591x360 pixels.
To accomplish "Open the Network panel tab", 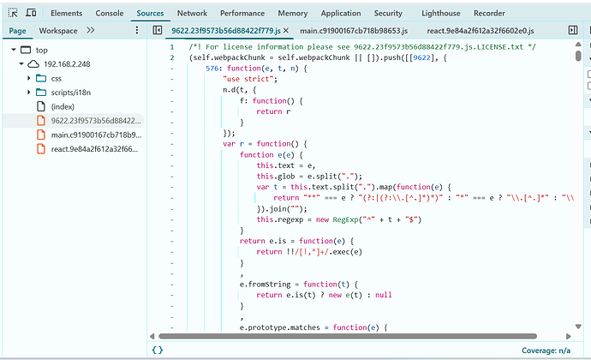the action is (x=192, y=13).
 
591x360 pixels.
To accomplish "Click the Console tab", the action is (x=110, y=13).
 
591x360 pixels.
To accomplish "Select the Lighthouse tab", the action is (x=440, y=13).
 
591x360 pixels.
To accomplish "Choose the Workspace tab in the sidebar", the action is (x=58, y=31).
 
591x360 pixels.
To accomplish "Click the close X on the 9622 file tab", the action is (x=286, y=31).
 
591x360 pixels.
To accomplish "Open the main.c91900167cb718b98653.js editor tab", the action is (x=354, y=31).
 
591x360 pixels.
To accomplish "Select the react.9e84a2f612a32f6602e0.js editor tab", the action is (x=481, y=31).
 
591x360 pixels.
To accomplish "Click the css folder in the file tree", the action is (x=57, y=79).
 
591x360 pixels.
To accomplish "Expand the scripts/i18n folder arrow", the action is (x=28, y=92).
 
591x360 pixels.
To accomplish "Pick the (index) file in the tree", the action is (x=63, y=106).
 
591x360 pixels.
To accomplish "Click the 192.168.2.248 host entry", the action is (x=67, y=64).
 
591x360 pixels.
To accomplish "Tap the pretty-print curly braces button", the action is (x=158, y=350).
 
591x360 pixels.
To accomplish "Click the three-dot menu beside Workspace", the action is (x=137, y=30).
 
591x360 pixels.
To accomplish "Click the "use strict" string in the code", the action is (x=248, y=79).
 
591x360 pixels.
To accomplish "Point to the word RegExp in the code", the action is (x=345, y=219).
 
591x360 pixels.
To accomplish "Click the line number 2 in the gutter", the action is (x=172, y=57).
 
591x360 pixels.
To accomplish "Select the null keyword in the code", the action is (x=384, y=295).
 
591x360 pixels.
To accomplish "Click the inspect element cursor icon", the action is (x=13, y=13).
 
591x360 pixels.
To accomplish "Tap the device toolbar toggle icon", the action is (x=31, y=13).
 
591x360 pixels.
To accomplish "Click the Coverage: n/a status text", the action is (x=546, y=351).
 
